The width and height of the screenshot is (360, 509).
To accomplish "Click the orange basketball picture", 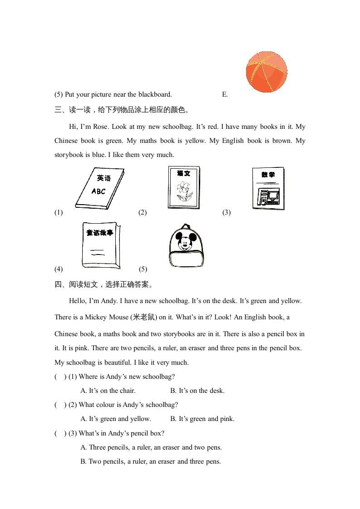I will (x=266, y=72).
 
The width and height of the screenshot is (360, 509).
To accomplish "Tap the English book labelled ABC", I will (x=100, y=188).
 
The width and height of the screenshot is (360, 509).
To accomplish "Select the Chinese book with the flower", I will (x=183, y=187).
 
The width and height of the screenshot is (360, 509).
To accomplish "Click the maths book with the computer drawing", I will (x=268, y=188).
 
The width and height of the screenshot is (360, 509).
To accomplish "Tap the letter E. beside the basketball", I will (x=225, y=95).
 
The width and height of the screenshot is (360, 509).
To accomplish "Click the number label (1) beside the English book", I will (x=59, y=212).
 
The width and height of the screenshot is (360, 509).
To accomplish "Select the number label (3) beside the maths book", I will (x=227, y=212).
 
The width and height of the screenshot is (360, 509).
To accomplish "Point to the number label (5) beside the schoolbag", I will (x=143, y=269).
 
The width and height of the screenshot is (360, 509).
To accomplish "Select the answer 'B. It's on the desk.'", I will (x=197, y=391).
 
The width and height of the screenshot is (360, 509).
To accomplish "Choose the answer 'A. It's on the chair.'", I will (x=108, y=391).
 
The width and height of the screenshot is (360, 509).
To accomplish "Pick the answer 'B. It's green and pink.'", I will (x=202, y=419).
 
